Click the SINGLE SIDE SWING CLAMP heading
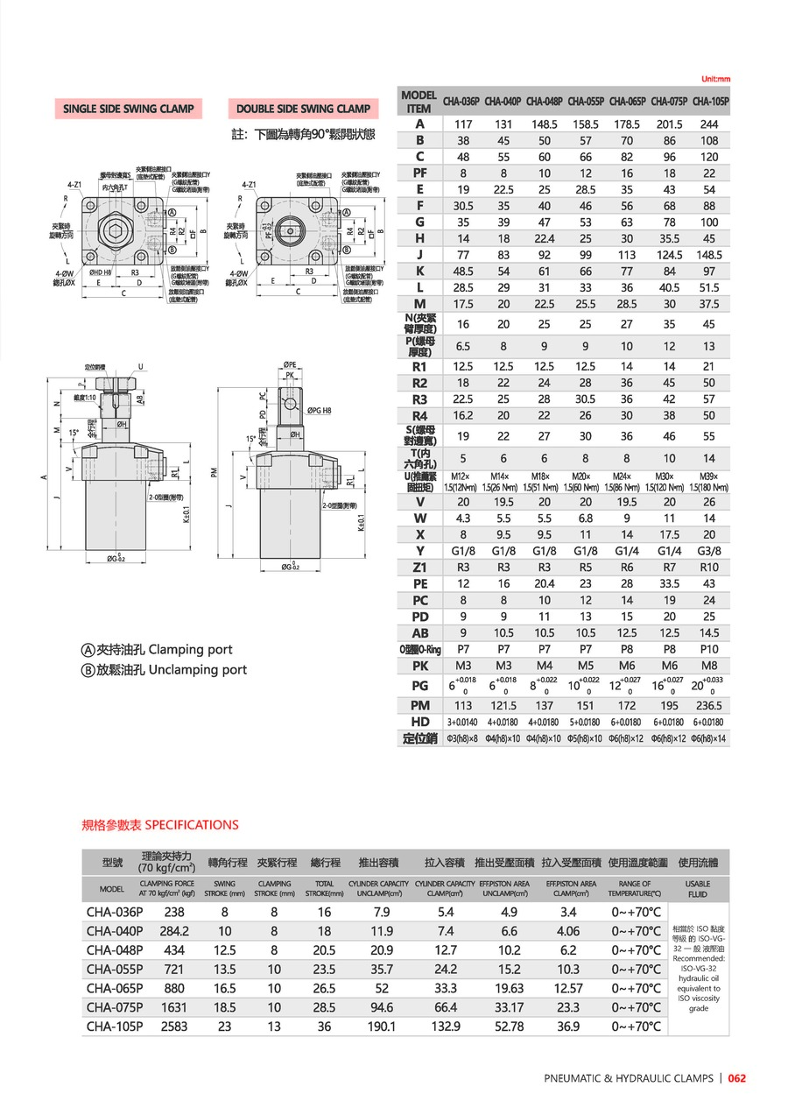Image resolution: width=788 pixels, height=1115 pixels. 128,109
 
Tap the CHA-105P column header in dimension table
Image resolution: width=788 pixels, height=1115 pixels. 710,101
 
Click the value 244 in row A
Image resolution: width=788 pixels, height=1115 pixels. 709,124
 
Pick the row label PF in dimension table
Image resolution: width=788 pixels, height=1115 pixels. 419,173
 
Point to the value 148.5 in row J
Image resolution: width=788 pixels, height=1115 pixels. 709,254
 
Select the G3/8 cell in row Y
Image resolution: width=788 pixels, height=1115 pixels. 709,551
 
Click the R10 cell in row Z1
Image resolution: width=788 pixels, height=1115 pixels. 709,568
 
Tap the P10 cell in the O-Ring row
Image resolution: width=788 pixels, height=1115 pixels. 709,649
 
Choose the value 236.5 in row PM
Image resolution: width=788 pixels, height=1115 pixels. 709,705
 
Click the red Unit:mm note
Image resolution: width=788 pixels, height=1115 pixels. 715,79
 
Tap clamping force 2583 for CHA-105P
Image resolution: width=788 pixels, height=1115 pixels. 174,1027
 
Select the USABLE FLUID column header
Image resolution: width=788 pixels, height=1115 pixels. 698,889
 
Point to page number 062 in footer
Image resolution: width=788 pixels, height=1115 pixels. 736,1078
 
